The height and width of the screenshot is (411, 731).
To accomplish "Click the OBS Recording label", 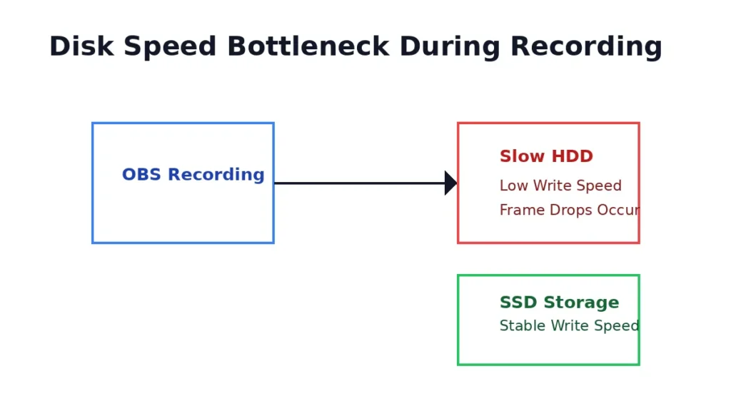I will pos(193,175).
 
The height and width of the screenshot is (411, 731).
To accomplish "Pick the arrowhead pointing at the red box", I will pos(450,183).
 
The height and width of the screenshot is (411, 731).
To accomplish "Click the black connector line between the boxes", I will pos(357,183).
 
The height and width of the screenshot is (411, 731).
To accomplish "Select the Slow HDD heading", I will pos(546,157).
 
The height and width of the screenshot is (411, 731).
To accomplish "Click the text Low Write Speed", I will pos(560,186).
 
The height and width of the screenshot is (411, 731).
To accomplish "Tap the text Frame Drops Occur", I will pos(569,210).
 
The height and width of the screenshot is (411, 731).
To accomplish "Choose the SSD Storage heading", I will pos(559,303).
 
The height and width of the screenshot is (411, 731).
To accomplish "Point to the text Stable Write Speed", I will pos(569,326).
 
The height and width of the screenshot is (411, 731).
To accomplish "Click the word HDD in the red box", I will pos(574,157).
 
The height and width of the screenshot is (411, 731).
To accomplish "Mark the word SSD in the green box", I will pos(517,303).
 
